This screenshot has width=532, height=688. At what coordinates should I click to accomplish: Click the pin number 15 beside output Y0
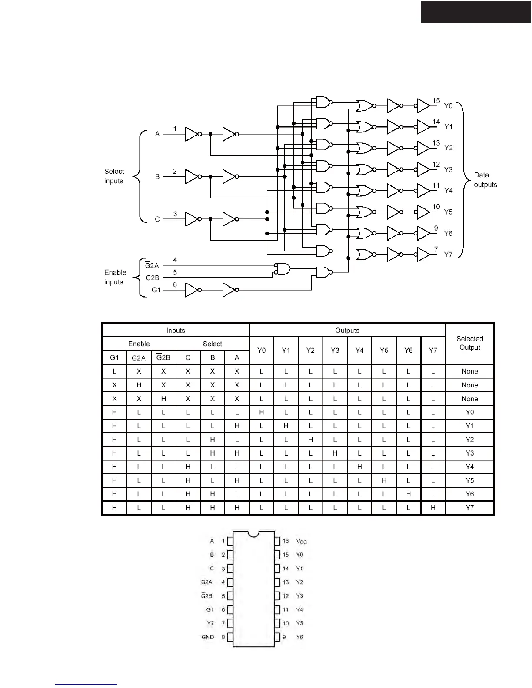pyautogui.click(x=436, y=101)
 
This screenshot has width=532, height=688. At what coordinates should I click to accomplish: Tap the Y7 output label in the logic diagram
pyautogui.click(x=448, y=255)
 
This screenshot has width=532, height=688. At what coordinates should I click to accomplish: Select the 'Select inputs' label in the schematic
pyautogui.click(x=114, y=176)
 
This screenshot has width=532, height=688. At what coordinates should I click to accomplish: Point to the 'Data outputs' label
pyautogui.click(x=485, y=180)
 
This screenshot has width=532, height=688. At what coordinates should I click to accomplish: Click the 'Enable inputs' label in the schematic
pyautogui.click(x=115, y=277)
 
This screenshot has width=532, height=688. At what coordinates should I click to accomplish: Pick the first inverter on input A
pyautogui.click(x=192, y=134)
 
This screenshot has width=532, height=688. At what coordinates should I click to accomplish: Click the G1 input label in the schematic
pyautogui.click(x=156, y=290)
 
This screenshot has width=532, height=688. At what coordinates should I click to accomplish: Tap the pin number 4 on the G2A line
pyautogui.click(x=175, y=260)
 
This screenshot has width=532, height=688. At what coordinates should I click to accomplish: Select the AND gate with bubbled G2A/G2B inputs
pyautogui.click(x=283, y=268)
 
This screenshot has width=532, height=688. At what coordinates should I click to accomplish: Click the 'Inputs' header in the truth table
pyautogui.click(x=176, y=331)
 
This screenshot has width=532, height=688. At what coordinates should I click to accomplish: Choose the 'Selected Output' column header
pyautogui.click(x=469, y=343)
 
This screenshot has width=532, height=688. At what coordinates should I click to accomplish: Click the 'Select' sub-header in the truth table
pyautogui.click(x=212, y=344)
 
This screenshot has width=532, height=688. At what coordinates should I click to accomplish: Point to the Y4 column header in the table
pyautogui.click(x=359, y=350)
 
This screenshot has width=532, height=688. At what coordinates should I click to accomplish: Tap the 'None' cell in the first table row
pyautogui.click(x=469, y=371)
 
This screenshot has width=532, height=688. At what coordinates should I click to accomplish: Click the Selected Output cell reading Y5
pyautogui.click(x=469, y=480)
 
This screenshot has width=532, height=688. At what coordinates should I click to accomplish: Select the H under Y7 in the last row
pyautogui.click(x=433, y=508)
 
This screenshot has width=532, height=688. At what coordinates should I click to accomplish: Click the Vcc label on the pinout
pyautogui.click(x=301, y=541)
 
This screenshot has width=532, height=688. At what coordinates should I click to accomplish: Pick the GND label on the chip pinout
pyautogui.click(x=208, y=637)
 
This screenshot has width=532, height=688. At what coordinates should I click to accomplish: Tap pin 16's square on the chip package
pyautogui.click(x=277, y=541)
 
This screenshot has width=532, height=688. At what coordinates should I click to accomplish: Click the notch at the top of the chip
pyautogui.click(x=253, y=534)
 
